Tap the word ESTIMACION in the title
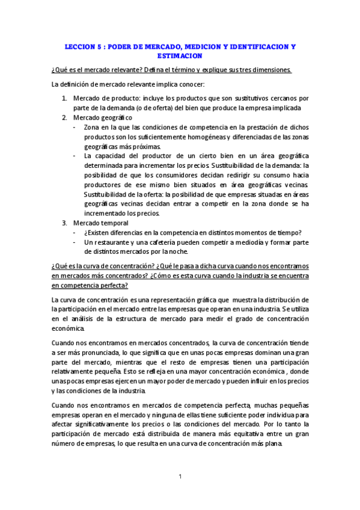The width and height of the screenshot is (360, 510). pos(180,55)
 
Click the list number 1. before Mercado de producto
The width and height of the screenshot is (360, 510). pos(64,98)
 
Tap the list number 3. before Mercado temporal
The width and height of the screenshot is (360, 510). pos(64,223)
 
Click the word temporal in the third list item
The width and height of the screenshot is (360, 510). pos(115,223)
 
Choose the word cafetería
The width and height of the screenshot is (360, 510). pos(175,242)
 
